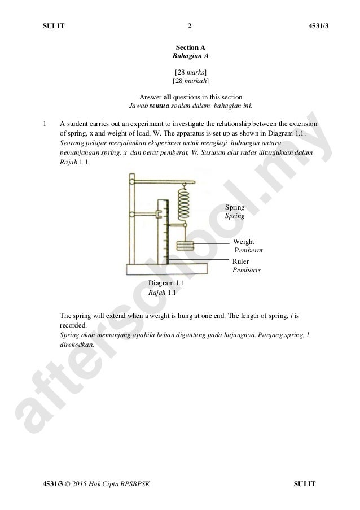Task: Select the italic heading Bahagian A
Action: (x=190, y=57)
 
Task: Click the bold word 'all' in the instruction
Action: (x=168, y=95)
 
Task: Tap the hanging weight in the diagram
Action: (x=184, y=246)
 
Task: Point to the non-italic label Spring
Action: (x=235, y=208)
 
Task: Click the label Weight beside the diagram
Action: (x=243, y=241)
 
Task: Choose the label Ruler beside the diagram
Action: (x=242, y=261)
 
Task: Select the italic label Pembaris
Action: (x=247, y=270)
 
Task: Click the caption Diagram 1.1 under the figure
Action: (x=166, y=284)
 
